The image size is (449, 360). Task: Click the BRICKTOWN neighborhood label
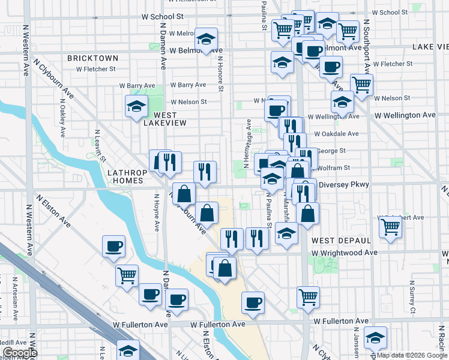(x=92, y=58)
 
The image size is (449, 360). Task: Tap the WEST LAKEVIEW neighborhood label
(x=164, y=118)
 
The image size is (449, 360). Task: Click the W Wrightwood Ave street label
(x=344, y=253)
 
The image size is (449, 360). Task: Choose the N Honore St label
(x=220, y=74)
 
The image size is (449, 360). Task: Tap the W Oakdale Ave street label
(x=337, y=134)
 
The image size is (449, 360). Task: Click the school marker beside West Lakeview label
(x=136, y=106)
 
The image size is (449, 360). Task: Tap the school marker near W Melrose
(x=206, y=40)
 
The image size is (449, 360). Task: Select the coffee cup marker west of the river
(x=113, y=246)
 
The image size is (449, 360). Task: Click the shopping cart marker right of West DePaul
(x=390, y=227)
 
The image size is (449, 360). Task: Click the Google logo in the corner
(x=20, y=353)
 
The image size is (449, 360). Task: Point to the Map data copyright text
(x=412, y=355)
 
